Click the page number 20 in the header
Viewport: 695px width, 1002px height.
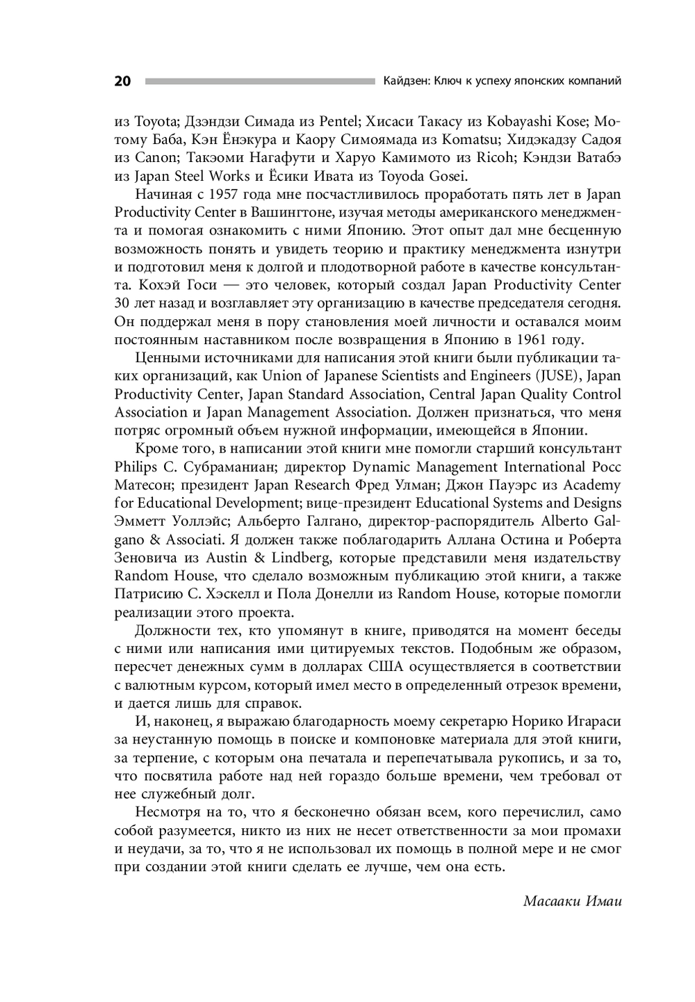pos(122,81)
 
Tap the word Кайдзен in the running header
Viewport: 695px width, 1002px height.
pos(405,81)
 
